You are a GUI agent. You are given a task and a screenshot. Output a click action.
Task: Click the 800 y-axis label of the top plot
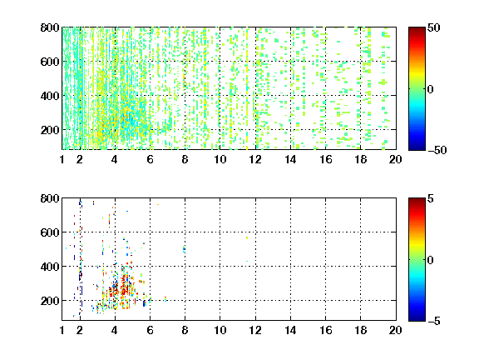[x=50, y=27]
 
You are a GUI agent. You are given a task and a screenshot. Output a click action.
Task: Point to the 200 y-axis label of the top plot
[x=50, y=130]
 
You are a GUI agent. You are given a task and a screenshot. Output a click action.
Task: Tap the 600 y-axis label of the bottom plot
[x=50, y=232]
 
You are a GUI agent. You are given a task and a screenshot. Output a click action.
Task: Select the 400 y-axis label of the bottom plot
[x=50, y=267]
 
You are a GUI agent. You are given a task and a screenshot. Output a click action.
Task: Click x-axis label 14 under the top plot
[x=290, y=159]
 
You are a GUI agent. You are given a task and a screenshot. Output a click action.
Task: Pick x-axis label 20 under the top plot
[x=395, y=159]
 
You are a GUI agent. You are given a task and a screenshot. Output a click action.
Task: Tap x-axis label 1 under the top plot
[x=62, y=159]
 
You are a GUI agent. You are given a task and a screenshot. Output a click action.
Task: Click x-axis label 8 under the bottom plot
[x=185, y=330]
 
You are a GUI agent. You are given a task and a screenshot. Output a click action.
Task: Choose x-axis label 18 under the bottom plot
[x=360, y=330]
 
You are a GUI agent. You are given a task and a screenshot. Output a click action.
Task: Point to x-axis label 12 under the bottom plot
[x=255, y=330]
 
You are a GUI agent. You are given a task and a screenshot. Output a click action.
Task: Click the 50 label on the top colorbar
[x=434, y=28]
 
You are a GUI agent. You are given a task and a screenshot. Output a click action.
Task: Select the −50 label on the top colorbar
[x=437, y=150]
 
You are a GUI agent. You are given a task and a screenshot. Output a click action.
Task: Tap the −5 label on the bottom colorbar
[x=434, y=321]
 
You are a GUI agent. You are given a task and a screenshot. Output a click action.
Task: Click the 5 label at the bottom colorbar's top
[x=431, y=199]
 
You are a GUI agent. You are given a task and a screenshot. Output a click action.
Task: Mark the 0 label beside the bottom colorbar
[x=431, y=260]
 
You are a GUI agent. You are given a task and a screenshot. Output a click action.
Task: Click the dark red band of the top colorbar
[x=417, y=31]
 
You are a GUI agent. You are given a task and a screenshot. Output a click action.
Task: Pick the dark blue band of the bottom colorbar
[x=417, y=317]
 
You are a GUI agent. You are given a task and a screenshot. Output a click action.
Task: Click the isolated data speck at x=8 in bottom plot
[x=184, y=249]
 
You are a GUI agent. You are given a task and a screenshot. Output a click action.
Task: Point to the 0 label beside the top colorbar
[x=431, y=89]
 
